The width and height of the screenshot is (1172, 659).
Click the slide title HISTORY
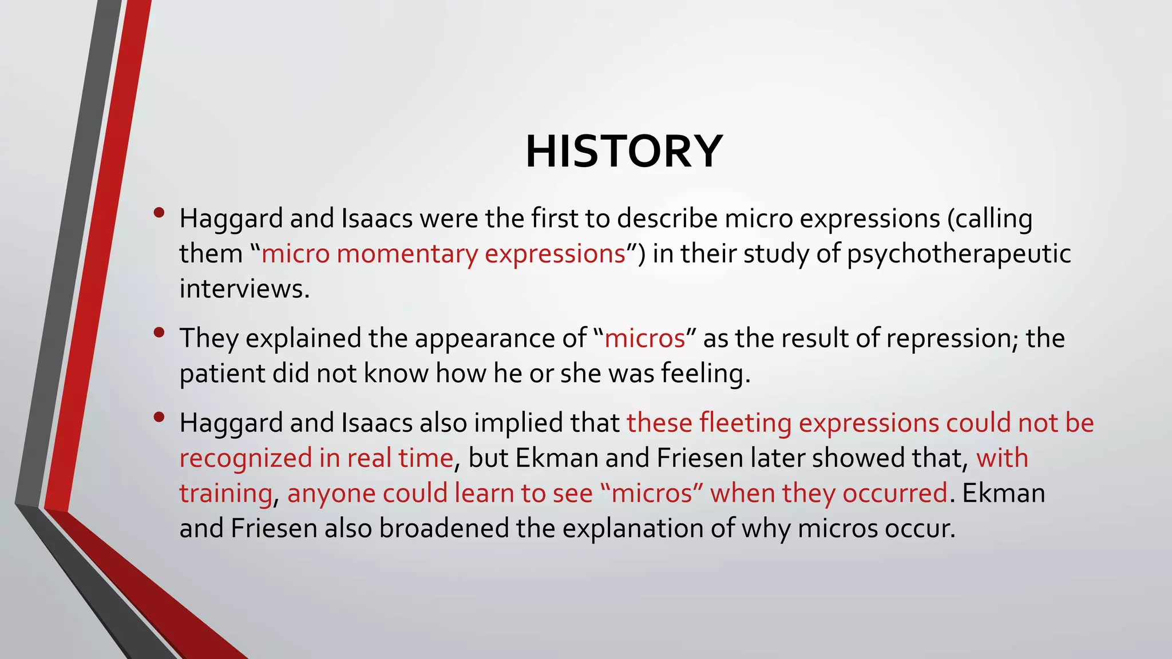coord(624,152)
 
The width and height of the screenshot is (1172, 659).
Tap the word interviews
coord(244,289)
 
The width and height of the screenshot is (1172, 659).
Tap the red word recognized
coord(246,459)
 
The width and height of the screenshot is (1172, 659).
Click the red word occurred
coord(895,494)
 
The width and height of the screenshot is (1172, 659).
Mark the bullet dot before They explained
coord(159,332)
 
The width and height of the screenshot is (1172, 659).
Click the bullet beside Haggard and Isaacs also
coord(159,416)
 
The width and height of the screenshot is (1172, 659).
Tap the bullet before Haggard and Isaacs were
coord(159,212)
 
